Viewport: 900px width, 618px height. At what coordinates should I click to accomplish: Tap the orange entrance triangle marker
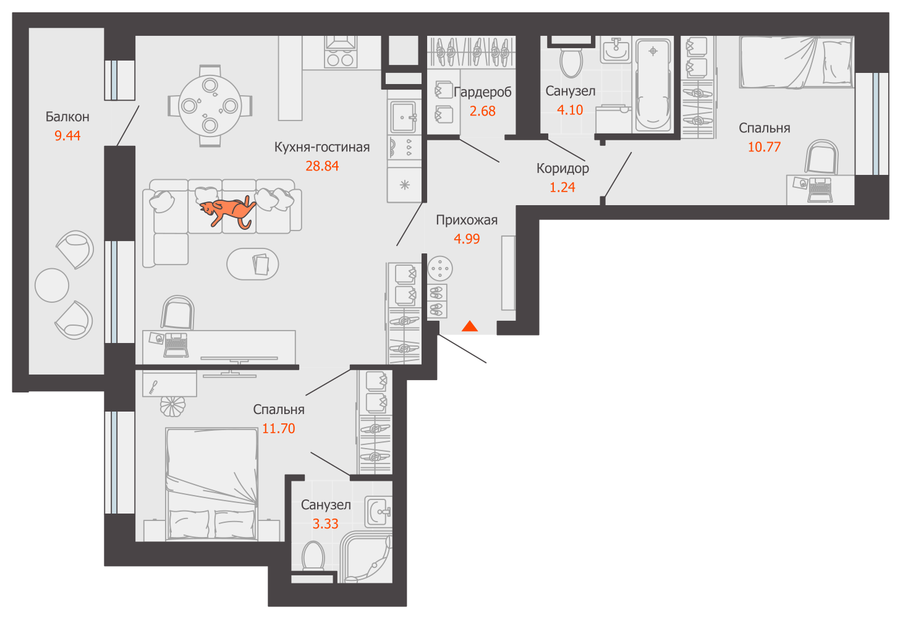470,326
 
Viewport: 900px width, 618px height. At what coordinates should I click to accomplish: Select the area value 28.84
322,166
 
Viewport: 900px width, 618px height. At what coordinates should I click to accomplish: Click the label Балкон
67,117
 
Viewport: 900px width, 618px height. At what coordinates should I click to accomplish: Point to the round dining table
210,106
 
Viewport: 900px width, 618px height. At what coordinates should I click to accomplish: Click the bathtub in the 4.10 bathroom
653,85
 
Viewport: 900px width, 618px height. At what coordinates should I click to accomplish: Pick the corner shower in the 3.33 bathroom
366,557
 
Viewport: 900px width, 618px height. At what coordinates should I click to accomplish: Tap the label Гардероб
483,93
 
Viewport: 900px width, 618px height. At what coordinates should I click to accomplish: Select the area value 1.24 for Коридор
562,187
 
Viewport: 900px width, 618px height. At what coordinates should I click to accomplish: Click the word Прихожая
467,220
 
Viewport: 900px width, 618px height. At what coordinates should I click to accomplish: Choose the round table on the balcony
52,286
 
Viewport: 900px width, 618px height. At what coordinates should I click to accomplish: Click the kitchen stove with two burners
341,53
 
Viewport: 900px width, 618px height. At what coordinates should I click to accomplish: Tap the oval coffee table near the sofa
253,264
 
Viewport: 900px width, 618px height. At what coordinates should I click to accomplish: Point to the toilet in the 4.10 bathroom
571,62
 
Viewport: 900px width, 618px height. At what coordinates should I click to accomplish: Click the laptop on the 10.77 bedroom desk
820,190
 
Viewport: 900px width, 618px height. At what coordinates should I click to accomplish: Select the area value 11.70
278,429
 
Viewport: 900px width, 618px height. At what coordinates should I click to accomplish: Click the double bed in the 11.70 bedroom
212,484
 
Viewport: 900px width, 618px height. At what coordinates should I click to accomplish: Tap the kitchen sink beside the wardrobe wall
403,117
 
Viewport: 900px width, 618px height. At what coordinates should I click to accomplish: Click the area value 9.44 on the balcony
67,136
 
